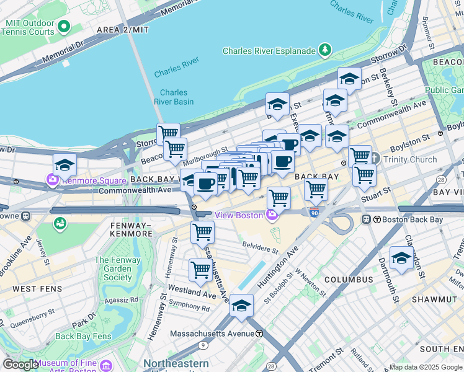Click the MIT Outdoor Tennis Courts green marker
coord(65,27)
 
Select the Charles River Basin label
coord(173,97)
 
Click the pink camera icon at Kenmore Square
coord(52,180)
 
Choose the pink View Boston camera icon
coord(271,215)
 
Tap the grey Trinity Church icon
coord(375,159)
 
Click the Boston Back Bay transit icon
coord(367,219)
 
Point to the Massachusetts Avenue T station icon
coord(259,334)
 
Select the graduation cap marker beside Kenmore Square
coord(65,165)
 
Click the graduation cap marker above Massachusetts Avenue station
coord(241,306)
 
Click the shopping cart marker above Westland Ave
coord(200,270)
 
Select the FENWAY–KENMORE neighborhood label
coord(131,229)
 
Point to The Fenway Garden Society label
coord(118,268)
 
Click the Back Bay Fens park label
coord(83,336)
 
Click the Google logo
coord(20,364)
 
